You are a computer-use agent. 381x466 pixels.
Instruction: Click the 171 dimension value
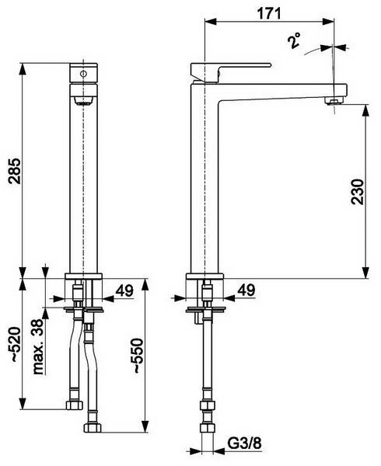269,13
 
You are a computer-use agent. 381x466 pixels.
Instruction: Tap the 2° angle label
294,40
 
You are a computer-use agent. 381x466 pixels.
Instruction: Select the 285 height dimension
15,171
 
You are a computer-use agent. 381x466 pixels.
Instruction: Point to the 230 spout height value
357,191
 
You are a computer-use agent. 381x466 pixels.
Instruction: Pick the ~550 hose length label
138,356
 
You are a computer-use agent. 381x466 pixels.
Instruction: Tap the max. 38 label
38,347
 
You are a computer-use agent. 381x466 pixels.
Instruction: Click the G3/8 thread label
244,443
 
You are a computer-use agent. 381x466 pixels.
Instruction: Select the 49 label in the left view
124,290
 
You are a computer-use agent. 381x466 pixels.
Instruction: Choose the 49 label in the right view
246,290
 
